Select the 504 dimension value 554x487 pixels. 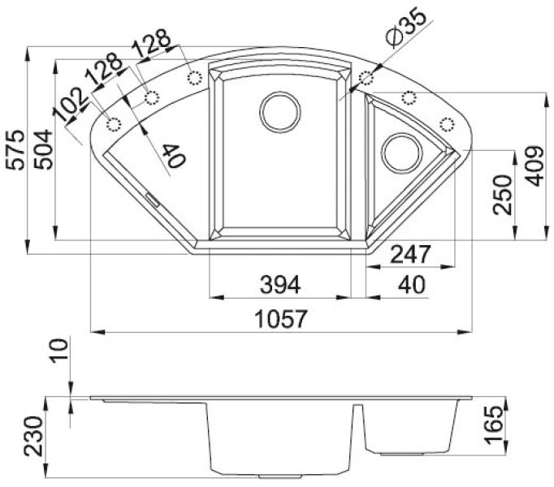click(43, 150)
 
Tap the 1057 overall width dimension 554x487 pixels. click(281, 318)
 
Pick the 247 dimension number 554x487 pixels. click(410, 254)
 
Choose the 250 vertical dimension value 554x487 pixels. click(503, 195)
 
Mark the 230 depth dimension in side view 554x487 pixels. click(33, 436)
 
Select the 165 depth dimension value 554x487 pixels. click(493, 425)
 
